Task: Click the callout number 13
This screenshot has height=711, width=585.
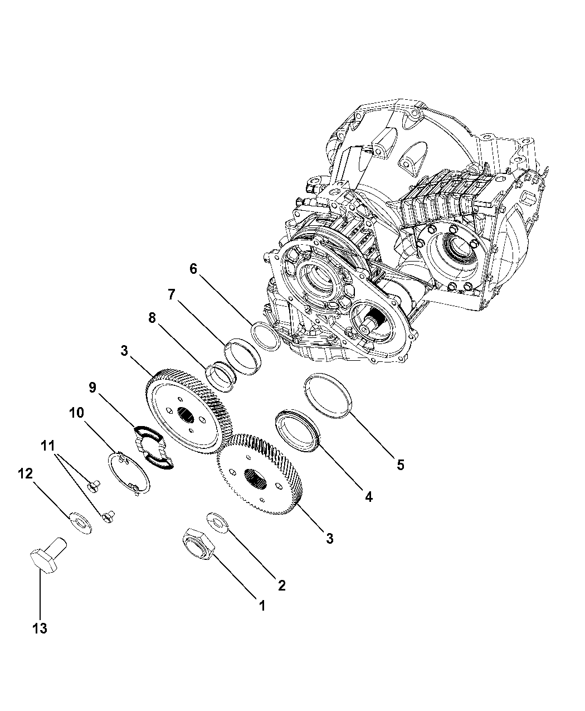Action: coord(40,628)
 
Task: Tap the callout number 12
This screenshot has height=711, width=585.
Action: coord(25,474)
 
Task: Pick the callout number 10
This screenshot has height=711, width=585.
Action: coord(76,413)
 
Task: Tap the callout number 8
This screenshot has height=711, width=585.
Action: coord(152,318)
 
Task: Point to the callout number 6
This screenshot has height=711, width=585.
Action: coord(193,269)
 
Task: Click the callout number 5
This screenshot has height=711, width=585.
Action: coord(401,465)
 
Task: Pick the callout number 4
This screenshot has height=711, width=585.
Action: coord(368,496)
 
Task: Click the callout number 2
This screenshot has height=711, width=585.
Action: coord(281,585)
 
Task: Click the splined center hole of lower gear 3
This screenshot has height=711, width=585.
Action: coord(257,477)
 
